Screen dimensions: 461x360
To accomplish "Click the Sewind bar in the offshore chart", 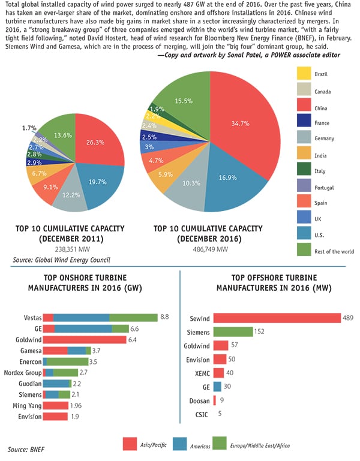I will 276,318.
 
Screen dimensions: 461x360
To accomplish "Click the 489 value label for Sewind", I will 348,318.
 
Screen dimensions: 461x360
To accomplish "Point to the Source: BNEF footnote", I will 23,448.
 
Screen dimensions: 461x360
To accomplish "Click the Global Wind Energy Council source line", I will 59,260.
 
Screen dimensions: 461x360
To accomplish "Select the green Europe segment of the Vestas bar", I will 133,317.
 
